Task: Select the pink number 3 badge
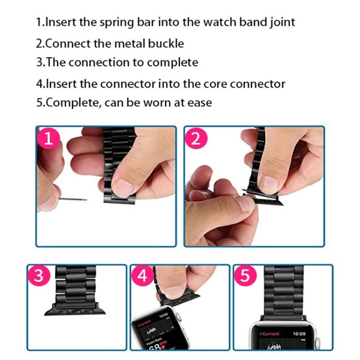39,276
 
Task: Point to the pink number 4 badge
143,276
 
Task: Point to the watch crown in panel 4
175,318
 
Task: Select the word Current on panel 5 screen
271,333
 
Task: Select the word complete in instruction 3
172,63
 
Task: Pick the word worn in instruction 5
155,103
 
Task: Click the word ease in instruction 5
197,103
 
